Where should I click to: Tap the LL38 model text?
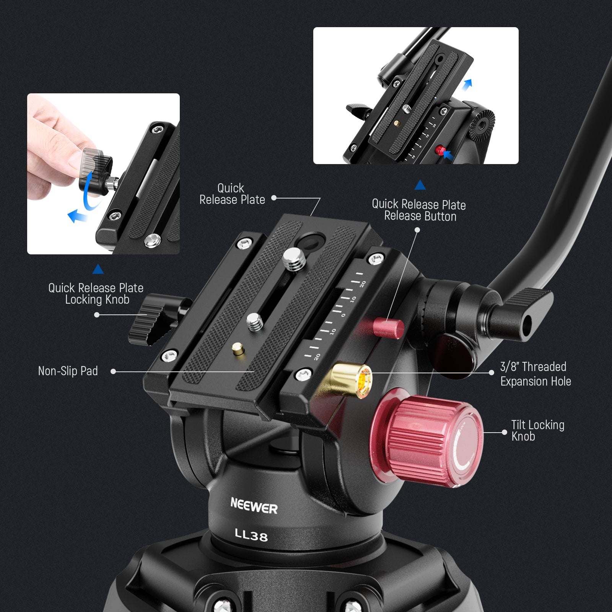pyautogui.click(x=251, y=534)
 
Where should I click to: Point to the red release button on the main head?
pyautogui.click(x=389, y=328)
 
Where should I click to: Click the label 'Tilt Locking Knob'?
pyautogui.click(x=537, y=430)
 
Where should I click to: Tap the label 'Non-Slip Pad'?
pyautogui.click(x=68, y=371)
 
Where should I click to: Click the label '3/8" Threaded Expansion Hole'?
pyautogui.click(x=535, y=374)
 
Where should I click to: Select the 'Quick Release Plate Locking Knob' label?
pyautogui.click(x=96, y=293)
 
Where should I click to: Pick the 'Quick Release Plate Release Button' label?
pyautogui.click(x=419, y=210)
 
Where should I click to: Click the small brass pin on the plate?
pyautogui.click(x=238, y=348)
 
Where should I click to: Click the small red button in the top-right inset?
pyautogui.click(x=439, y=149)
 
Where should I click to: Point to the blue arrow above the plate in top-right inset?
pyautogui.click(x=467, y=84)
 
